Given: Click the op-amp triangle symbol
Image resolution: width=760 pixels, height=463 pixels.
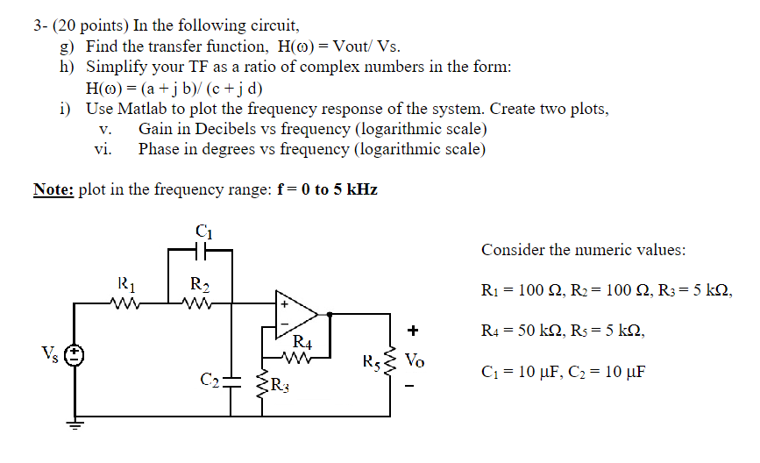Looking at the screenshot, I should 296,312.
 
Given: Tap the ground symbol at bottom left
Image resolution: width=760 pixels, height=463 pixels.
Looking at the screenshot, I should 76,427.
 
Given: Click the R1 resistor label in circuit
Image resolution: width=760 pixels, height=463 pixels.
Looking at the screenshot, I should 126,284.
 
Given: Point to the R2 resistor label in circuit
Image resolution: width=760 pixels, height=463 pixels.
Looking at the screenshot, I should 199,284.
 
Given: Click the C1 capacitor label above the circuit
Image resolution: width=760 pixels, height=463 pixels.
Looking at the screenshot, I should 203,231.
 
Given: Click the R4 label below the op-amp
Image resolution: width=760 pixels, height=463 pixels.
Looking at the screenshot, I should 301,342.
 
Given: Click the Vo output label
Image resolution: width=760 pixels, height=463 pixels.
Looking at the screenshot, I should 417,360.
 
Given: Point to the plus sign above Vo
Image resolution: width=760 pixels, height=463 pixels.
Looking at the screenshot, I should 413,331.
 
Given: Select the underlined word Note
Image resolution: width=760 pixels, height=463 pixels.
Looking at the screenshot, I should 53,189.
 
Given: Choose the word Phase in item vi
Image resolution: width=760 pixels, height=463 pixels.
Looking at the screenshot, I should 160,148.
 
